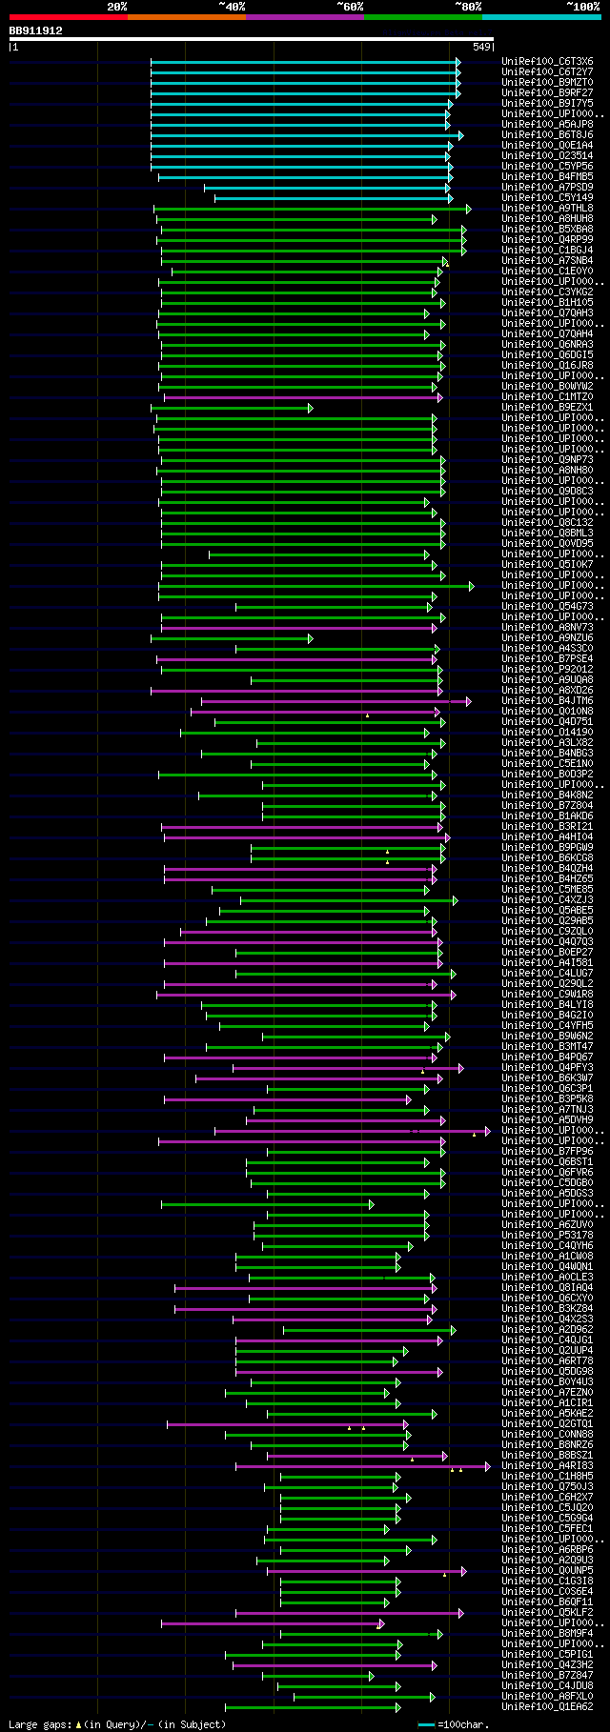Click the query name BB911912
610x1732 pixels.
click(x=36, y=30)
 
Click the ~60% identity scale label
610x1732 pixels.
click(x=350, y=7)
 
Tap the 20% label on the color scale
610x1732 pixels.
click(x=117, y=7)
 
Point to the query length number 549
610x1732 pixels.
click(x=481, y=46)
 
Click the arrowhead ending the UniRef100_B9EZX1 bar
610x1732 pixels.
click(x=310, y=408)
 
